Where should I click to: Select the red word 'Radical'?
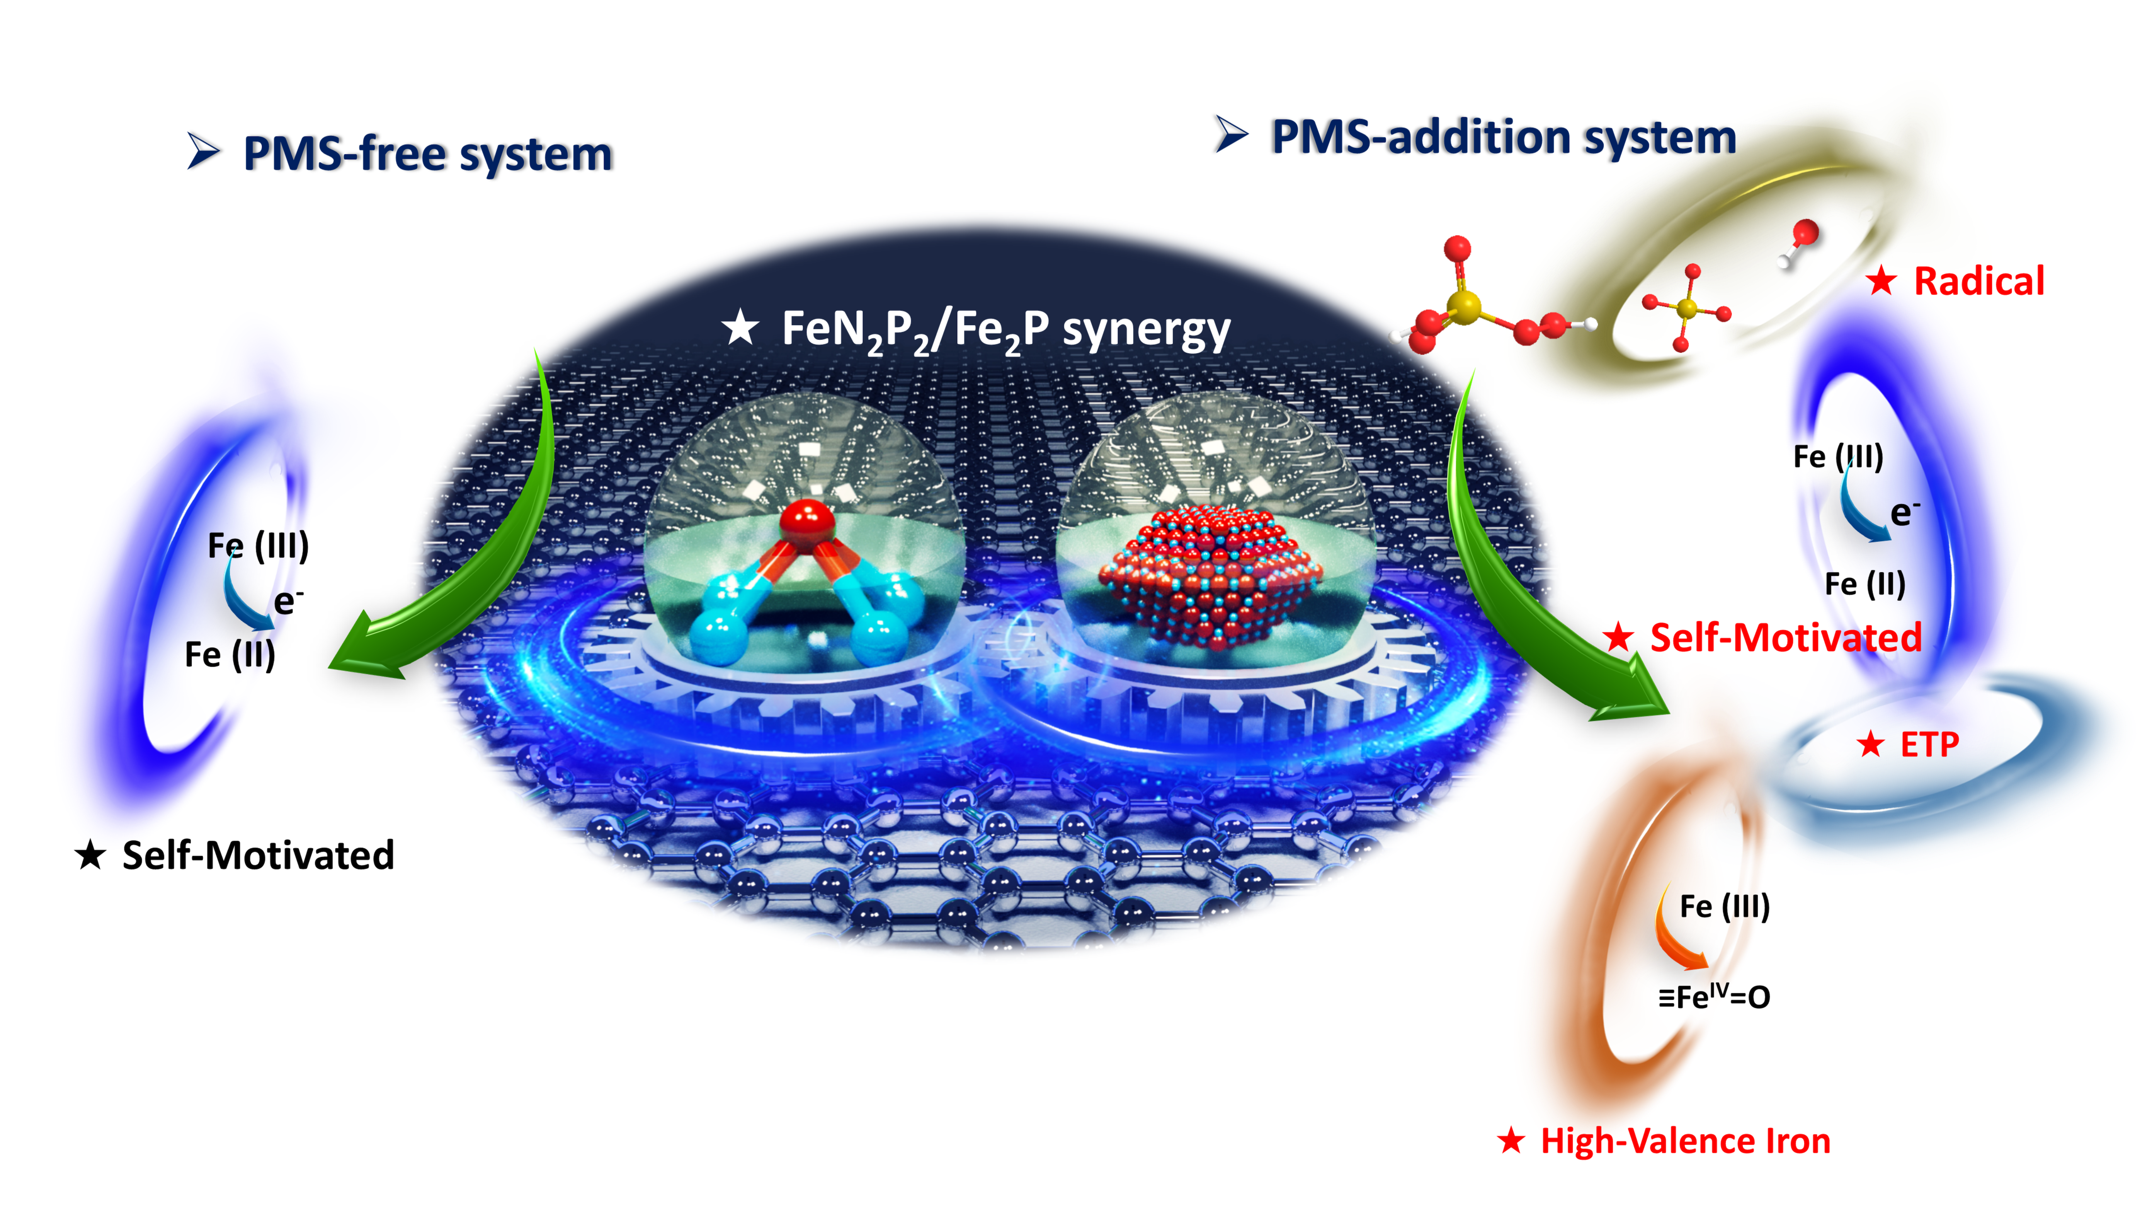point(1978,281)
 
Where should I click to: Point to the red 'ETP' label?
point(1929,744)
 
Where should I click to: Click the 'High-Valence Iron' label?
point(1685,1141)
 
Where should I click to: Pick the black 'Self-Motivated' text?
point(257,856)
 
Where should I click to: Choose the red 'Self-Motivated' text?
point(1785,638)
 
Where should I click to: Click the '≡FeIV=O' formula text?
point(1713,997)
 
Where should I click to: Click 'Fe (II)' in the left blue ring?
point(230,655)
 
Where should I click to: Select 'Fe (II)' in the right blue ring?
point(1865,583)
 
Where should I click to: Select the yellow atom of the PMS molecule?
point(1465,307)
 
